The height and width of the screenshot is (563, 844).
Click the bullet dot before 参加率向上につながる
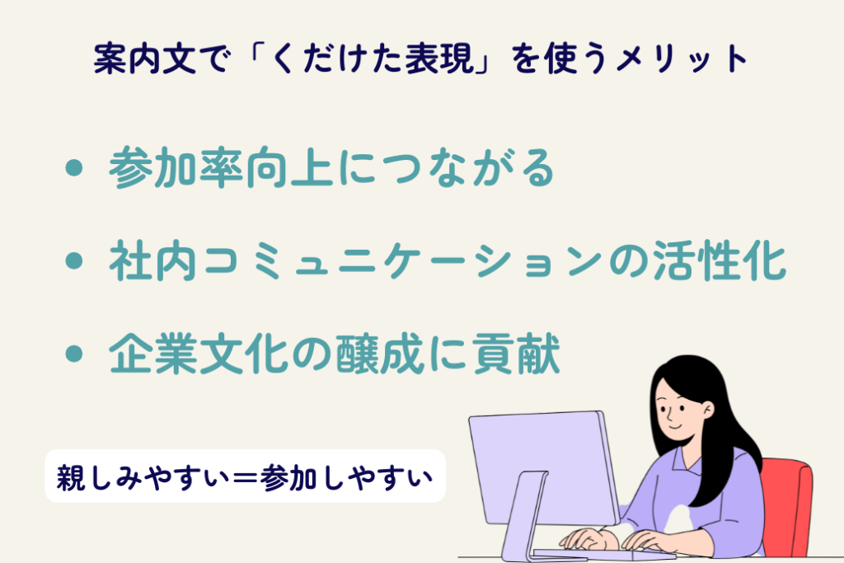[x=76, y=170]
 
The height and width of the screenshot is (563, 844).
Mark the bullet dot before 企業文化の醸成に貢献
[x=76, y=355]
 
